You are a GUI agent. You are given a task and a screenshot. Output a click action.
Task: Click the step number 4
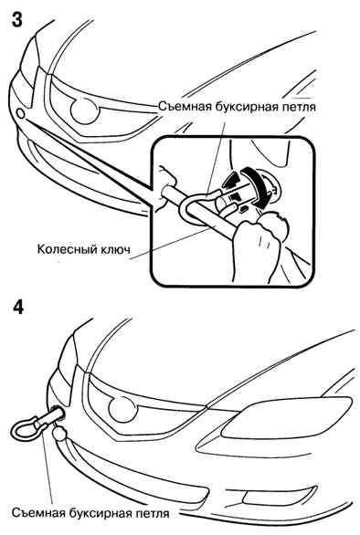tap(18, 307)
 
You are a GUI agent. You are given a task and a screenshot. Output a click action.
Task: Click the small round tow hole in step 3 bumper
tap(20, 113)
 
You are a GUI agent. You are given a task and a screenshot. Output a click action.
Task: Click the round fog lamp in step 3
tap(84, 110)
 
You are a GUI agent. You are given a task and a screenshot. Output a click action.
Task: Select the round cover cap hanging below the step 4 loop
tap(59, 434)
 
